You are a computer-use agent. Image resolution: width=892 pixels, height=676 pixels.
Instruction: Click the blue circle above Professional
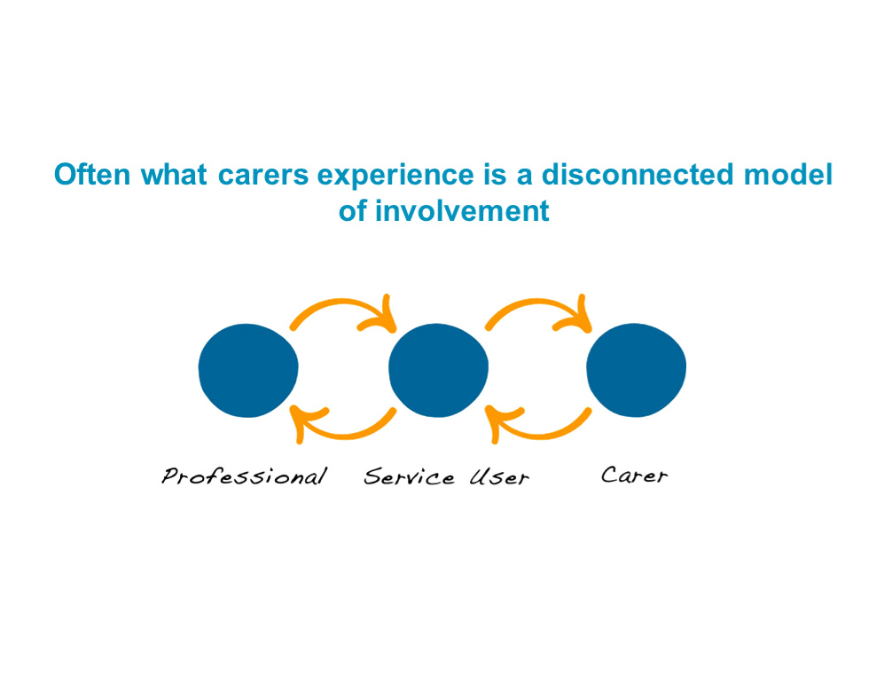tap(248, 371)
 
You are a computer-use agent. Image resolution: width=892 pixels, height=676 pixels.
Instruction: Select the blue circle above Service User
tap(438, 371)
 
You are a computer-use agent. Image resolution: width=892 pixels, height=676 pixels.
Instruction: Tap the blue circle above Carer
tap(636, 371)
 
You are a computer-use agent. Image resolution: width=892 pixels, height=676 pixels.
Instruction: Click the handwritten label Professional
tap(245, 476)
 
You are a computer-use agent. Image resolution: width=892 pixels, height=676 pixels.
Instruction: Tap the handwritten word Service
tap(410, 476)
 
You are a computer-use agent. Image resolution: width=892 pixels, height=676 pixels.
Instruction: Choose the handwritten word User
tap(499, 477)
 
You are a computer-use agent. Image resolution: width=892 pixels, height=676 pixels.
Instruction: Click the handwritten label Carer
tap(634, 476)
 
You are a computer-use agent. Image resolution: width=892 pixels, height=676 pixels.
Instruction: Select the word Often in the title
tap(92, 174)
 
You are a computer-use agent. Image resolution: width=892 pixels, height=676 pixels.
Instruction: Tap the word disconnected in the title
tap(638, 174)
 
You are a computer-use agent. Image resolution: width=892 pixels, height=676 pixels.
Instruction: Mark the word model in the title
tap(788, 174)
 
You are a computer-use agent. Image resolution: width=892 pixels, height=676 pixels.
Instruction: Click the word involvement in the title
tap(462, 211)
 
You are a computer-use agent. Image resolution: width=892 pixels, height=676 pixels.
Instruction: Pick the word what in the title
tap(174, 174)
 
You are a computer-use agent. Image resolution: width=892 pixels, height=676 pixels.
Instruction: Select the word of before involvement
tap(353, 211)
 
